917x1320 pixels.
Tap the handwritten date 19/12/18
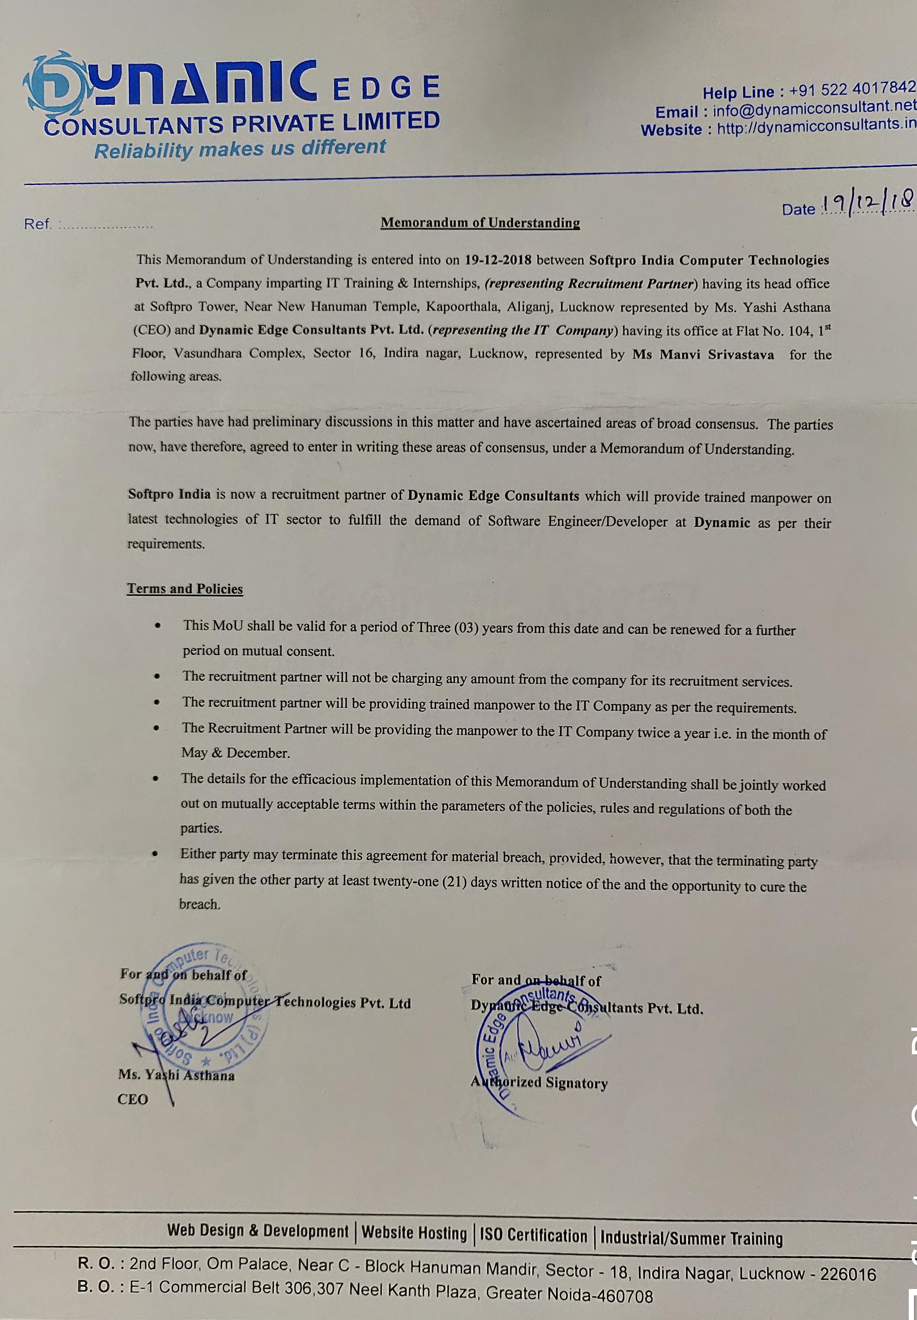coord(867,202)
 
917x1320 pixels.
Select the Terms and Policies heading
coord(185,589)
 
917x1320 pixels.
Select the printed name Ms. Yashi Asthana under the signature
coord(176,1075)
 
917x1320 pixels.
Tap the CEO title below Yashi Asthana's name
coord(133,1099)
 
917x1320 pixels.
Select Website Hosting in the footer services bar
coord(414,1233)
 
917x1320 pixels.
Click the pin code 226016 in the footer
coord(848,1273)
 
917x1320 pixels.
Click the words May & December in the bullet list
coord(235,753)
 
